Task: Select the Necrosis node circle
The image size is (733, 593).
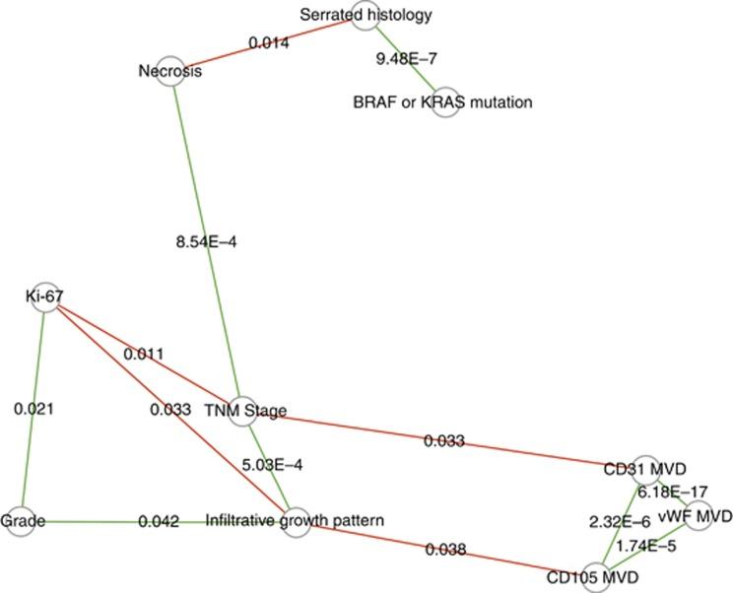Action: tap(171, 71)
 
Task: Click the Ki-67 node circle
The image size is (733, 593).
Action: tap(45, 296)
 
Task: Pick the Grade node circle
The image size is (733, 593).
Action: tap(18, 519)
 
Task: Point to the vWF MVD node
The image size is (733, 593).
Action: tap(698, 514)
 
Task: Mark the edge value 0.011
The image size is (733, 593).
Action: tap(144, 354)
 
